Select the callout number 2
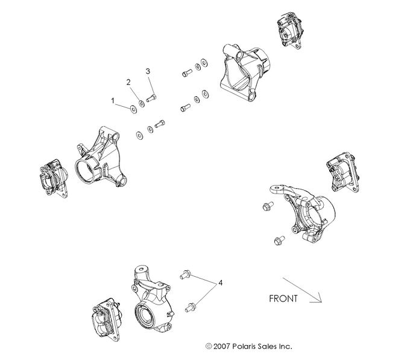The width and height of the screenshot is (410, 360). [128, 81]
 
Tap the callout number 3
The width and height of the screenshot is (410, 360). [148, 72]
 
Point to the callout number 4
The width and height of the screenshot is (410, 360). [221, 283]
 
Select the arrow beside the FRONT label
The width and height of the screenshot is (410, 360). [302, 289]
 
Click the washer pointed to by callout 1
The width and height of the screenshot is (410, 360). [132, 109]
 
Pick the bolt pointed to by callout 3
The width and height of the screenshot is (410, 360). [151, 98]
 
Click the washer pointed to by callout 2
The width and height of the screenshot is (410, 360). [141, 104]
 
